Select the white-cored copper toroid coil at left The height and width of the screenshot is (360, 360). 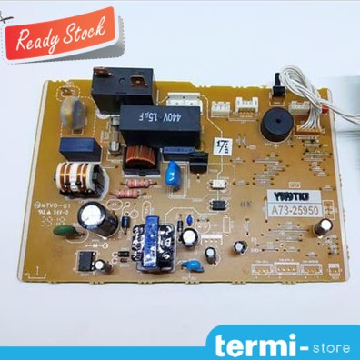(x=74, y=178)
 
